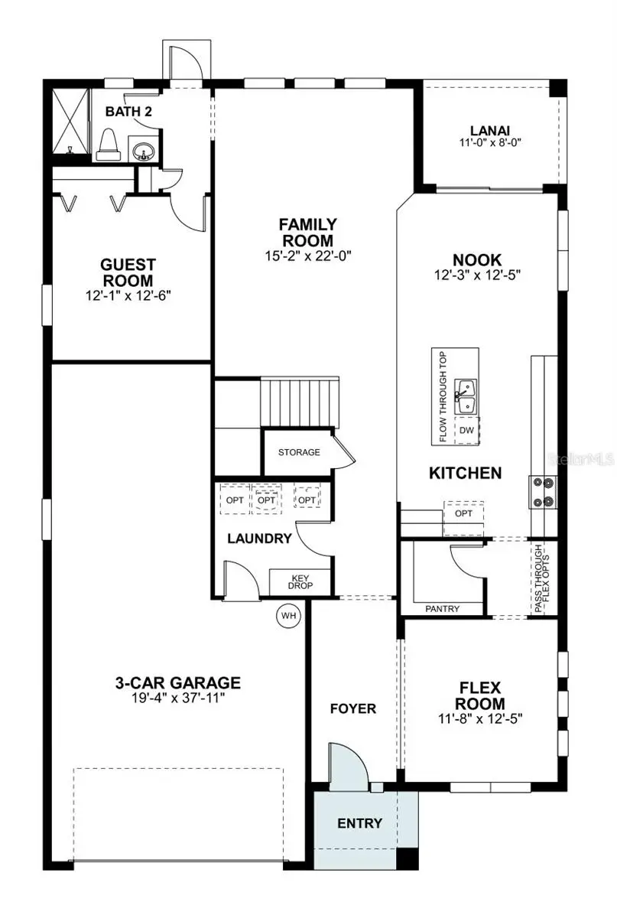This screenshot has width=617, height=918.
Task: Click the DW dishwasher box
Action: (466, 431)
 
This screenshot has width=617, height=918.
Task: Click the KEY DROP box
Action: (300, 582)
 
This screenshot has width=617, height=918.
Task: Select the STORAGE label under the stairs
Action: (299, 453)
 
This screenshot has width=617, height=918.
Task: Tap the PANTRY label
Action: (442, 609)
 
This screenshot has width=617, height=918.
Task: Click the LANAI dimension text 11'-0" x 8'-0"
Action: (490, 142)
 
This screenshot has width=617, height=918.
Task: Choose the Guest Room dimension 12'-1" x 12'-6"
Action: (128, 294)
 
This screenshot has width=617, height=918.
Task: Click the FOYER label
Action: (353, 708)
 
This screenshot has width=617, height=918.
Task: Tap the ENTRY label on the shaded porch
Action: (359, 823)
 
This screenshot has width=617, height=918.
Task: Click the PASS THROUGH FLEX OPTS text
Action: (542, 578)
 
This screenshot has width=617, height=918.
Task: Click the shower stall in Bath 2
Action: (70, 122)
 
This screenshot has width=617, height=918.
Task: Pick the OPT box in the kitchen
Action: (463, 513)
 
